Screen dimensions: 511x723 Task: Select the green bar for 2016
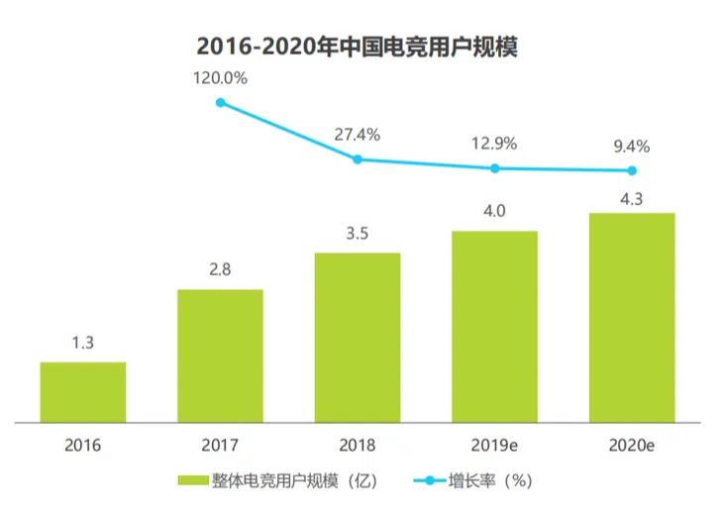83,392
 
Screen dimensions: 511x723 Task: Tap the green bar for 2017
220,356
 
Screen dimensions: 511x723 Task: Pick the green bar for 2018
358,337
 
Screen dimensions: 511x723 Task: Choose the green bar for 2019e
494,326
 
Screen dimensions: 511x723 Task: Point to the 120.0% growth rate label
220,77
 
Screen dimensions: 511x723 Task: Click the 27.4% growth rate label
357,134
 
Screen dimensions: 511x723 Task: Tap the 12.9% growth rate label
494,144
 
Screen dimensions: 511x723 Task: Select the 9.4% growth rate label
632,147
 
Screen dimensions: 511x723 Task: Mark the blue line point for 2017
220,101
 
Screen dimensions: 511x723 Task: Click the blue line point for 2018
358,158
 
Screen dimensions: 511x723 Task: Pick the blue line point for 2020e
632,170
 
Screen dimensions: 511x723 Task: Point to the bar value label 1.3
83,344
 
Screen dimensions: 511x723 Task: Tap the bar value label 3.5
358,235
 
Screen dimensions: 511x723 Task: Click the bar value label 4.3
632,195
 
